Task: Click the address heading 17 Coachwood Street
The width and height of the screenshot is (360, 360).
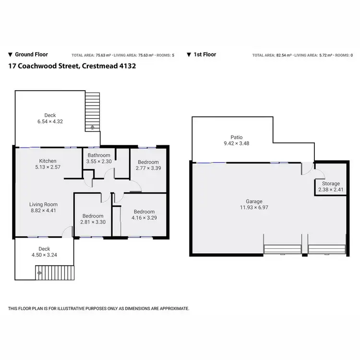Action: coord(72,66)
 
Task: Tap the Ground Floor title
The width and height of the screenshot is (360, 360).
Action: coord(32,55)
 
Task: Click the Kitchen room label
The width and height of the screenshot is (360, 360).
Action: coord(48,161)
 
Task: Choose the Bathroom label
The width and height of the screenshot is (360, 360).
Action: coord(98,155)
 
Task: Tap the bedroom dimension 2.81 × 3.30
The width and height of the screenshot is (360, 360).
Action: coord(92,223)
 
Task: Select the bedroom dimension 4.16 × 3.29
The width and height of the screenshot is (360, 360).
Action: coord(144,218)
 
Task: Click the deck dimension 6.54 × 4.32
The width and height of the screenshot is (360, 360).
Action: coord(50,121)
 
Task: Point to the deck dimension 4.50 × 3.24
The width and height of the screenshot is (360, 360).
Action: coord(44,255)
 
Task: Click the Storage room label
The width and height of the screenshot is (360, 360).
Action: coord(331,183)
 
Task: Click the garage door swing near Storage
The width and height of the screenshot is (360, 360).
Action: coord(305,168)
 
